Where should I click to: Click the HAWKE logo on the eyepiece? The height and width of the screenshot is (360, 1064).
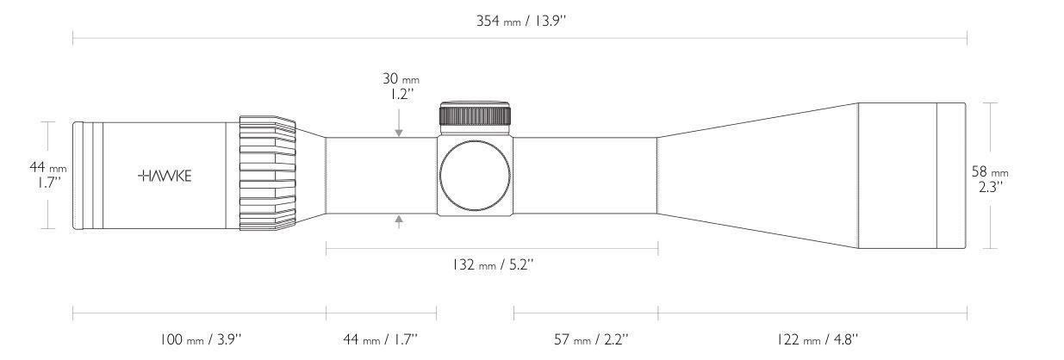pyautogui.click(x=165, y=177)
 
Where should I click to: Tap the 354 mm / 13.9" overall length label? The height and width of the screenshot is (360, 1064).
pyautogui.click(x=521, y=22)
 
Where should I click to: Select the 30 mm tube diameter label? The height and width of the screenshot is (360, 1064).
pyautogui.click(x=401, y=86)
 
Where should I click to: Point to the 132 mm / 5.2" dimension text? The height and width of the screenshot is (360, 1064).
pyautogui.click(x=493, y=264)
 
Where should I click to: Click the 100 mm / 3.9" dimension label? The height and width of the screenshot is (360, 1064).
pyautogui.click(x=200, y=339)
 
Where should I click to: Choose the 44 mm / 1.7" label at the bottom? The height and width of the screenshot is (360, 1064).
pyautogui.click(x=380, y=339)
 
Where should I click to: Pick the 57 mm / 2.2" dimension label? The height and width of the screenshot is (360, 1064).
pyautogui.click(x=591, y=339)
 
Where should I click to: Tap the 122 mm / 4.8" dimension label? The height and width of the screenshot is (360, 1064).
pyautogui.click(x=817, y=339)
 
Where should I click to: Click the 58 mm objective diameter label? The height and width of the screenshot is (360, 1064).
pyautogui.click(x=989, y=178)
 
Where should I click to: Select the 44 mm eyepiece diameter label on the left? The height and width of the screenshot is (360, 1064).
pyautogui.click(x=48, y=175)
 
